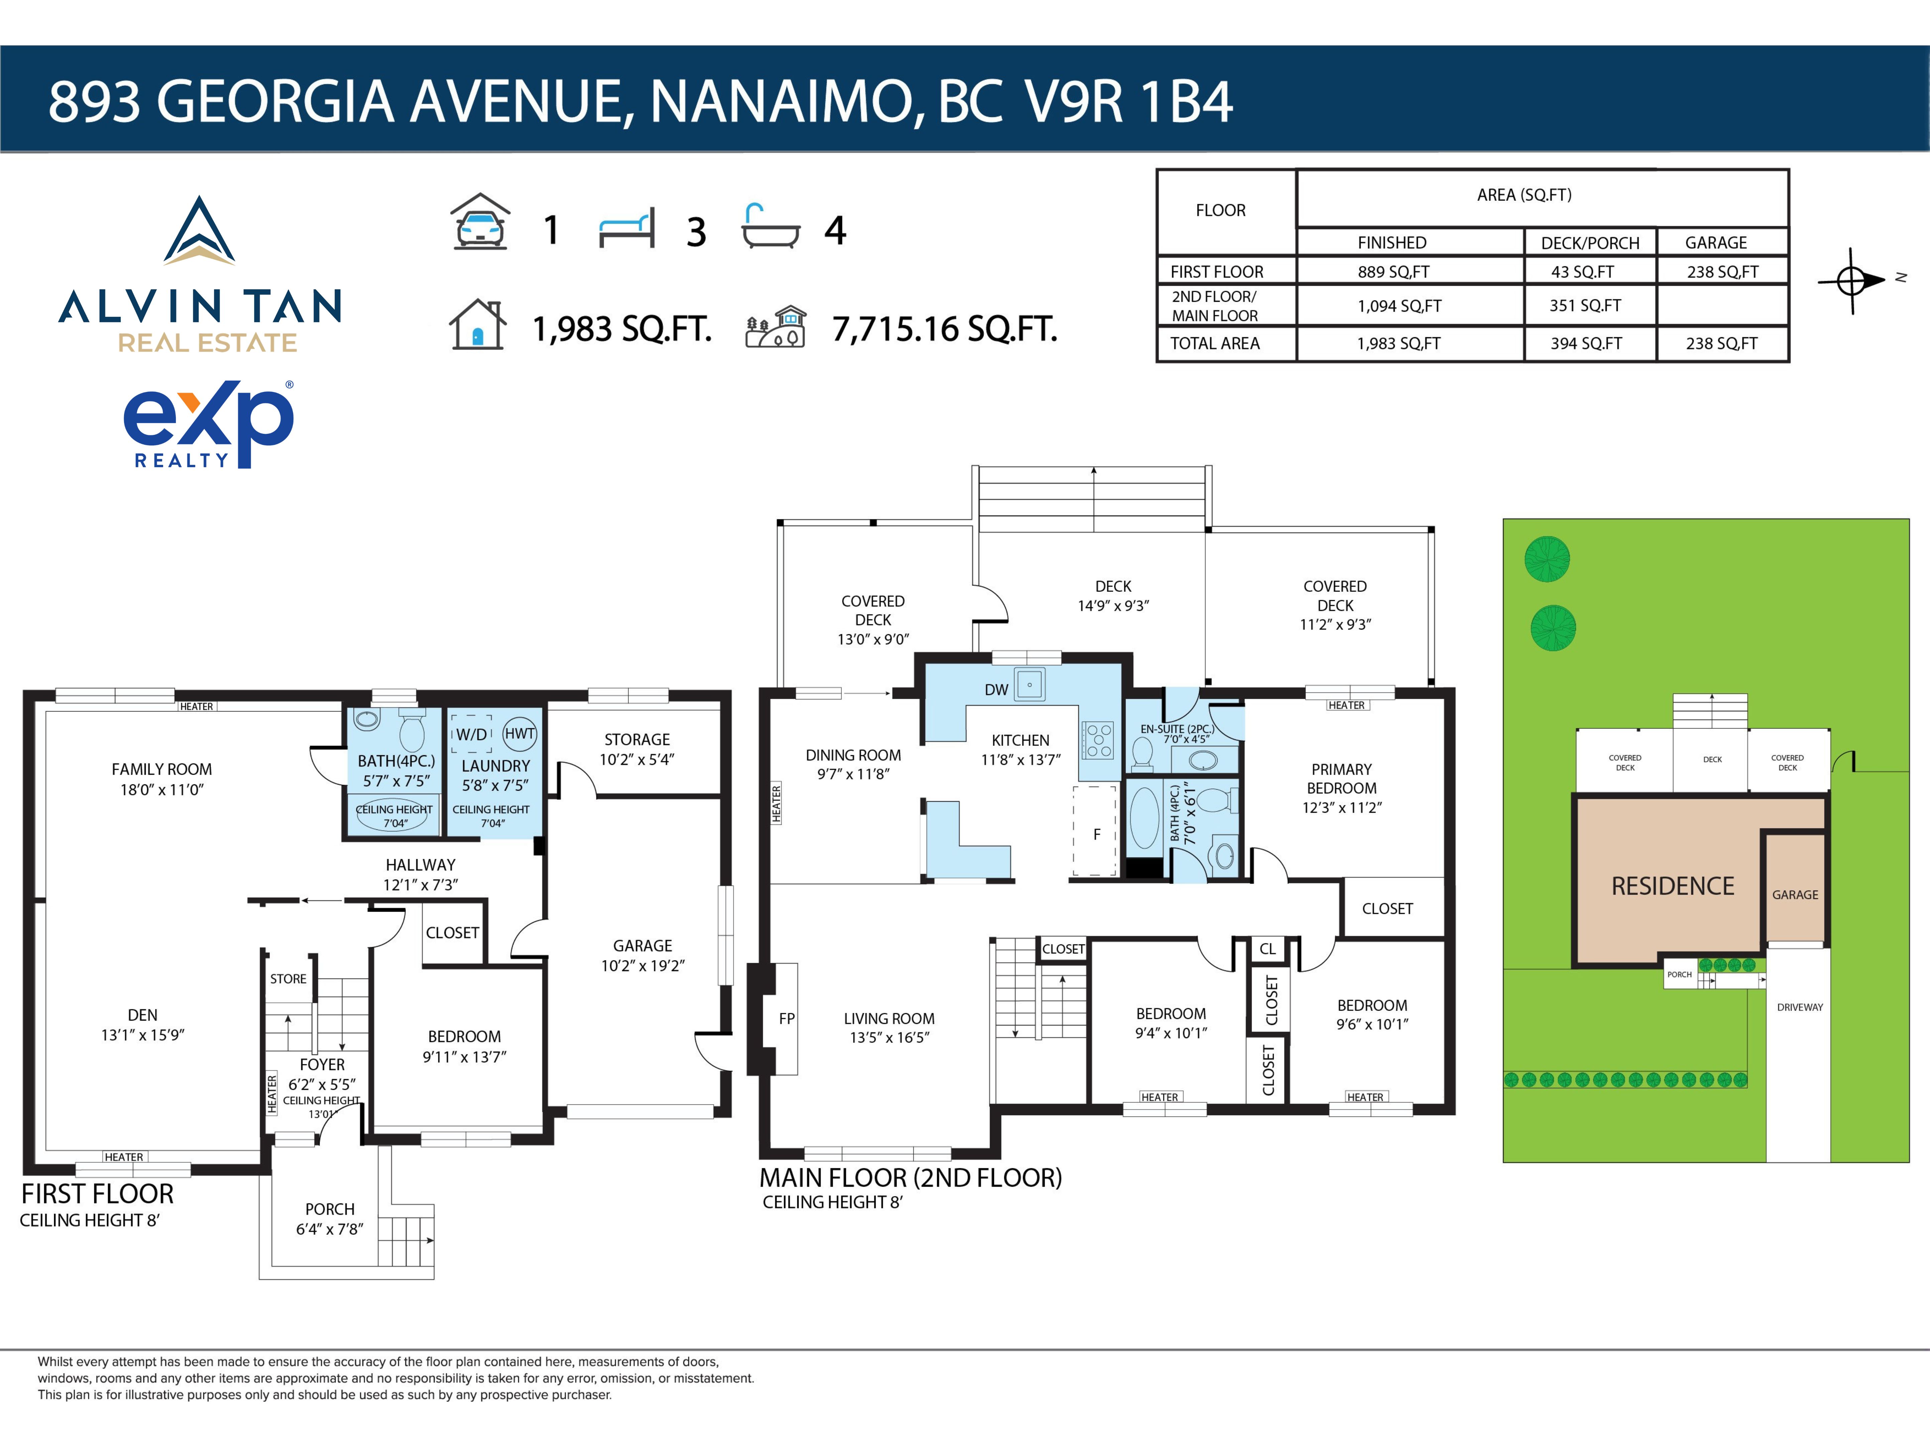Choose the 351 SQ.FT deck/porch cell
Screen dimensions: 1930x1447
tap(1585, 305)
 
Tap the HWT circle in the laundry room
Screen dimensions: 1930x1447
tap(520, 734)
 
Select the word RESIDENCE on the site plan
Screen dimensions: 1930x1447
tap(1673, 886)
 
